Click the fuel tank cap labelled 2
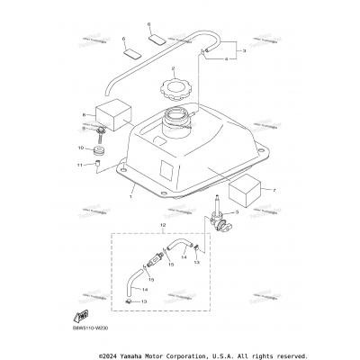coord(172,90)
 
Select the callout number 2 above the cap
coord(172,68)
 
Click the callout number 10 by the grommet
coord(81,147)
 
